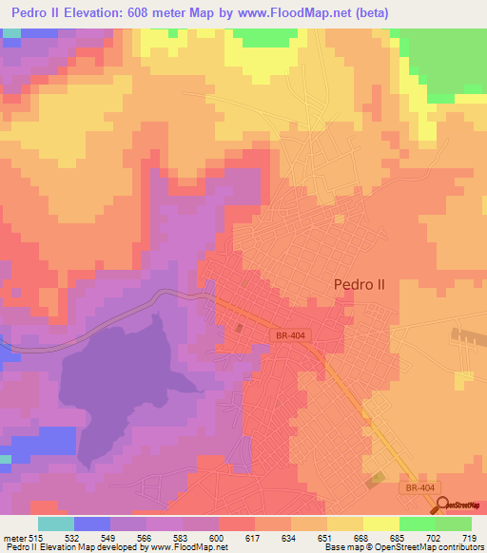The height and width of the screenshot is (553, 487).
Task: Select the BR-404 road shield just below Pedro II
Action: click(x=291, y=336)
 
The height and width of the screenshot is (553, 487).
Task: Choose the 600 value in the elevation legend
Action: click(x=219, y=537)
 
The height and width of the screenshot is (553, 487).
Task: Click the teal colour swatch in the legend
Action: click(x=56, y=524)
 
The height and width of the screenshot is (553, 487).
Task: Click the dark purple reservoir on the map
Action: click(x=114, y=380)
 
